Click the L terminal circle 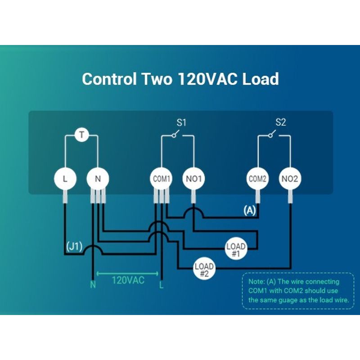[x=65, y=179]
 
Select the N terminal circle [x=98, y=179]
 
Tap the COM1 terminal [x=162, y=179]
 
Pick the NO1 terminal [x=194, y=179]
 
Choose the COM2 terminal [x=257, y=179]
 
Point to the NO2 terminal [x=290, y=179]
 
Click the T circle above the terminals [x=82, y=135]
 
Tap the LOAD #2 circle [x=204, y=269]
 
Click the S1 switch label [x=181, y=122]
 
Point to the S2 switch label [x=280, y=122]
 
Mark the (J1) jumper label [x=74, y=247]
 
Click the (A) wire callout [x=250, y=210]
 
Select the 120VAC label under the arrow [x=128, y=280]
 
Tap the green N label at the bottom [x=93, y=285]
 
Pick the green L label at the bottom [x=162, y=285]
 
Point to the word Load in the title [x=261, y=79]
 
